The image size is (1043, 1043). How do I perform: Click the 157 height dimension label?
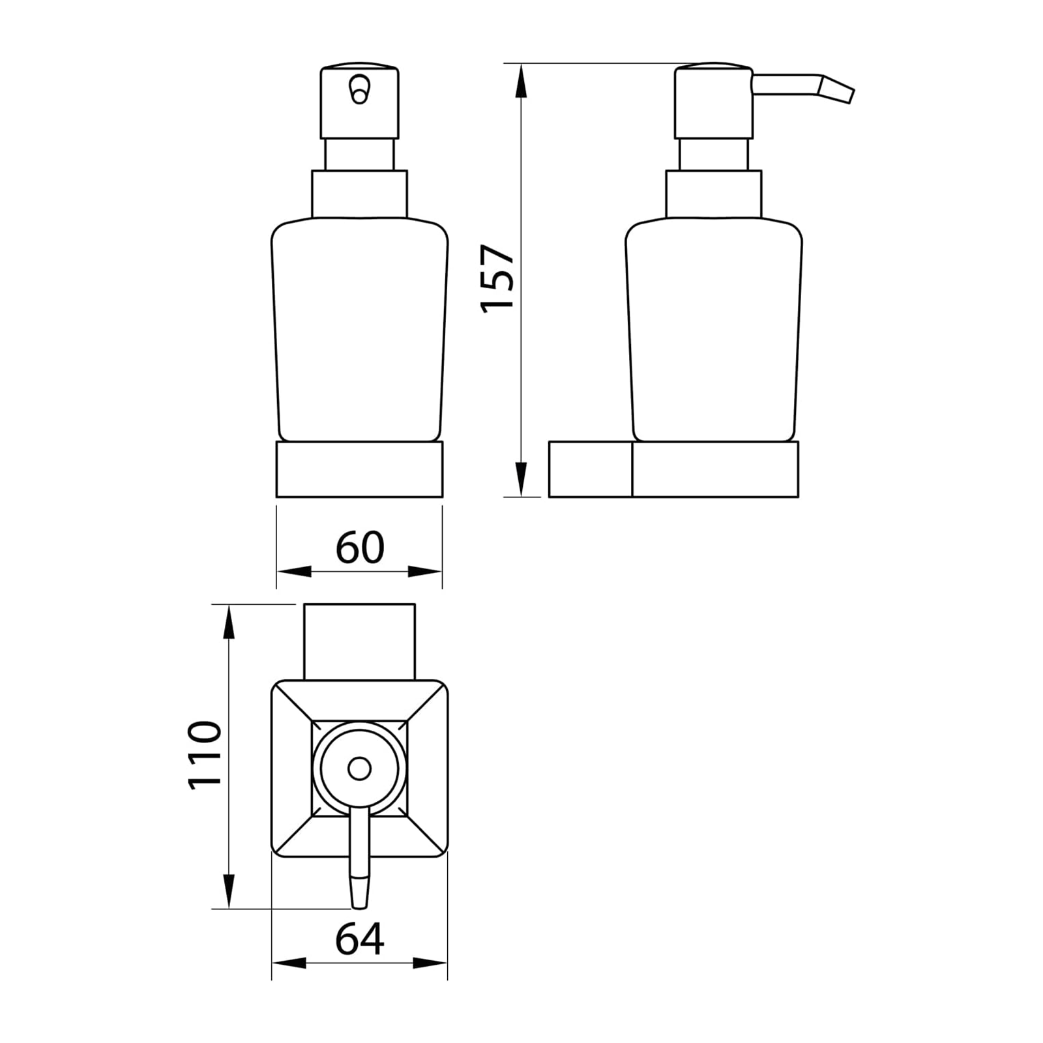(497, 278)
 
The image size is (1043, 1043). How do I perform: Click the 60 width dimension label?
(360, 548)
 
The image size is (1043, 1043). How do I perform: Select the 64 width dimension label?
(360, 939)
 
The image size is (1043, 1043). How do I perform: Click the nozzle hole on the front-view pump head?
(359, 89)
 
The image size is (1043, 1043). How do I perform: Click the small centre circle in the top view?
(359, 769)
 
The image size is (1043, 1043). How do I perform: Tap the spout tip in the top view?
(359, 892)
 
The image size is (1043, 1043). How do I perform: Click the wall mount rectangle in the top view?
(359, 642)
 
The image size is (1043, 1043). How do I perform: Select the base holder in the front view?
(359, 469)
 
